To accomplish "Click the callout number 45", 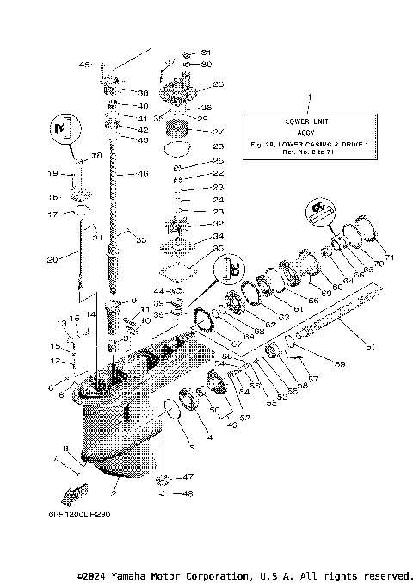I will [85, 64].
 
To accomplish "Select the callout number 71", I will [389, 257].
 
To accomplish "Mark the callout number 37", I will [170, 62].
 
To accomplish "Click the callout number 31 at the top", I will [206, 53].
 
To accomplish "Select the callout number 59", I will [341, 364].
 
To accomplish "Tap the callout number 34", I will [219, 235].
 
